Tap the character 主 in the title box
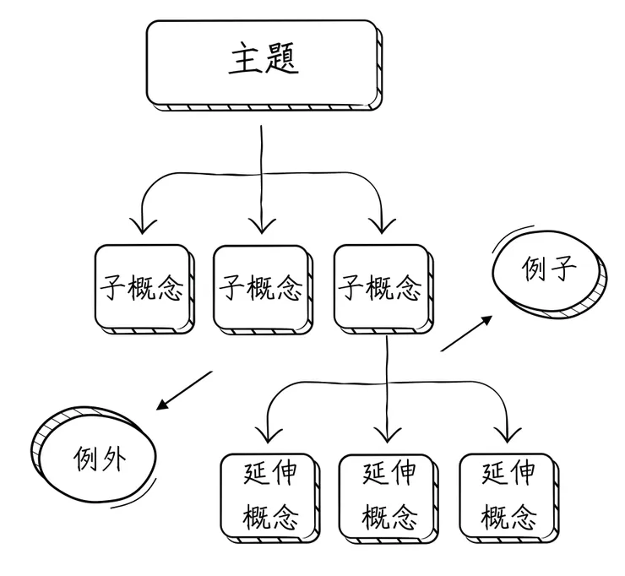[244, 60]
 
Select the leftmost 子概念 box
[142, 287]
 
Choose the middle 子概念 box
[260, 287]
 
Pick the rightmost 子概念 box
[380, 287]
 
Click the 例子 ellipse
[549, 273]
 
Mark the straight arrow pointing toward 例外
[183, 389]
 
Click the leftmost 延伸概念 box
[269, 495]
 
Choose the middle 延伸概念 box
[388, 495]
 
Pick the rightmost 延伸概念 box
[508, 495]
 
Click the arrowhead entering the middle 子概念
[261, 226]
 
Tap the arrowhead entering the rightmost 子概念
[381, 226]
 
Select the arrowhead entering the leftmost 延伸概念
[269, 436]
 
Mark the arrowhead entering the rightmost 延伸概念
[507, 436]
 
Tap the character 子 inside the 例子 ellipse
[565, 271]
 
